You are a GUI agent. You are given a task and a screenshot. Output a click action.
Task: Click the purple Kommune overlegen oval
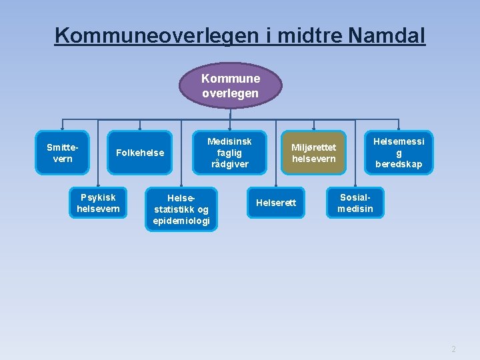(x=230, y=86)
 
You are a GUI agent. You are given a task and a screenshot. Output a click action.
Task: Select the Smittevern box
(x=62, y=153)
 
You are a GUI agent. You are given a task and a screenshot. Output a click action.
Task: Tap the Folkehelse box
(x=139, y=153)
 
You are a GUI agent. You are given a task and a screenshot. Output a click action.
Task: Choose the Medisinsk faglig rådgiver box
(x=230, y=153)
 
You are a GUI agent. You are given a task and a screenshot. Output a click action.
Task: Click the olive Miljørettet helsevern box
(x=313, y=153)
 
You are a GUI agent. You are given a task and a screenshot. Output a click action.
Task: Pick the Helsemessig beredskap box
(x=399, y=153)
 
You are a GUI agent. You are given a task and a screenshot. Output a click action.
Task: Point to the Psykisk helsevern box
(x=98, y=203)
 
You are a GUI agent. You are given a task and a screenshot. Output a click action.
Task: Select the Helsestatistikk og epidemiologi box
(x=181, y=209)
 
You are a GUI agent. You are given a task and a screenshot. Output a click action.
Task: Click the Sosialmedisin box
(x=355, y=203)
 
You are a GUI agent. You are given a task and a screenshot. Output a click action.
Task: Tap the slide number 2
(x=453, y=349)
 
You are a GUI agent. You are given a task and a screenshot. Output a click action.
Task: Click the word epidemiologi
(x=181, y=221)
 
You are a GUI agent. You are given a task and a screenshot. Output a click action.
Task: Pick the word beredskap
(x=399, y=164)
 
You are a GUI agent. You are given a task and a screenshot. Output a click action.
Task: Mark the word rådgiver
(x=230, y=164)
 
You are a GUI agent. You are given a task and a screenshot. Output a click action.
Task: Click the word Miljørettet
(x=313, y=147)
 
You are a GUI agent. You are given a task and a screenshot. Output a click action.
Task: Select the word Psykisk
(x=98, y=197)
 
